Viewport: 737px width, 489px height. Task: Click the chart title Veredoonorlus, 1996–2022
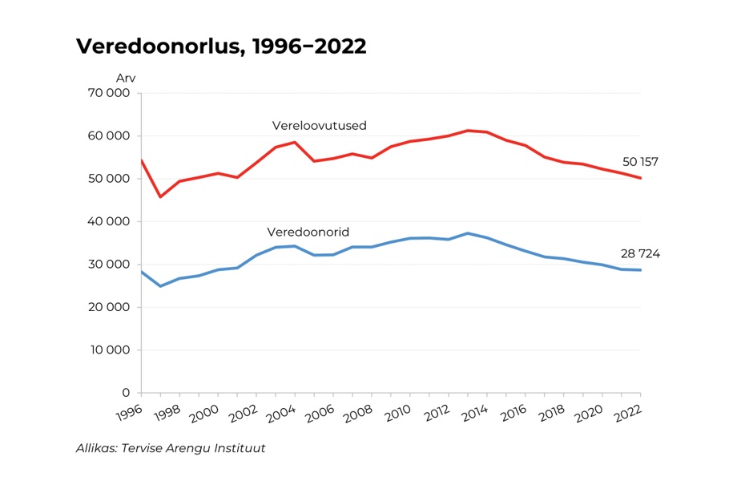(221, 46)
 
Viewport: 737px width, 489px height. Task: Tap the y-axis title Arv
(126, 78)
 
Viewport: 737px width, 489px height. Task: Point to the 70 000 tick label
(111, 93)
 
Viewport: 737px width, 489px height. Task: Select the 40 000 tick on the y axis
(111, 221)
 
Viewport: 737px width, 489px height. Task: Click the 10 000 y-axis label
(111, 350)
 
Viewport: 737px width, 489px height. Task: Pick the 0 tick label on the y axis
(126, 393)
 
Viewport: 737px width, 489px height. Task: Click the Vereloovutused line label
(319, 126)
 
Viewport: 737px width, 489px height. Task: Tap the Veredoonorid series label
(308, 232)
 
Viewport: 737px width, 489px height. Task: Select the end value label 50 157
(640, 162)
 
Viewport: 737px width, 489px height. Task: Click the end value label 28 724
(640, 254)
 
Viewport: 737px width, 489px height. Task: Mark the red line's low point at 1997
(160, 196)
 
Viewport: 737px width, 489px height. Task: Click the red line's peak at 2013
(468, 130)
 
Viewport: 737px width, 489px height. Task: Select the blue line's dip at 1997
(160, 286)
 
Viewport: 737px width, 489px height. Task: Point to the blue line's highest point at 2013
(468, 233)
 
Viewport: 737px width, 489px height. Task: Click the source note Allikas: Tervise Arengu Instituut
(171, 448)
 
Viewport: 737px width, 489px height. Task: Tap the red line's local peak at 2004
(295, 142)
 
